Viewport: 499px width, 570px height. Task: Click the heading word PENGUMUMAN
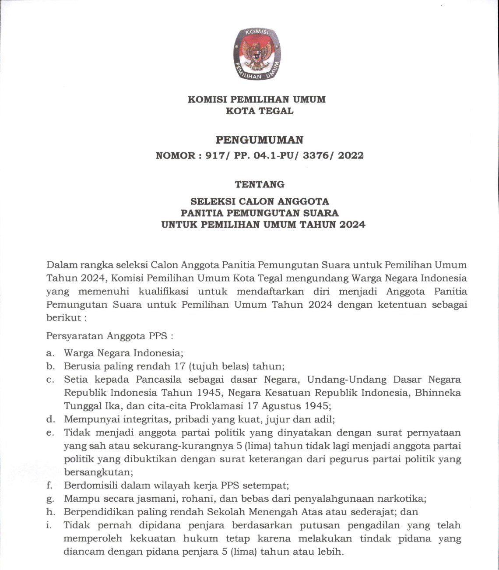point(260,140)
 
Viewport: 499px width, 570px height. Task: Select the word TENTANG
point(260,184)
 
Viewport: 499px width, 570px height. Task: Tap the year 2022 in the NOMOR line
point(351,155)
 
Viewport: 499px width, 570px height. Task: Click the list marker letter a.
point(49,353)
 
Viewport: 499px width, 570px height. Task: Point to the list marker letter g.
point(49,499)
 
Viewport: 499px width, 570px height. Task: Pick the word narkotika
point(401,499)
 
